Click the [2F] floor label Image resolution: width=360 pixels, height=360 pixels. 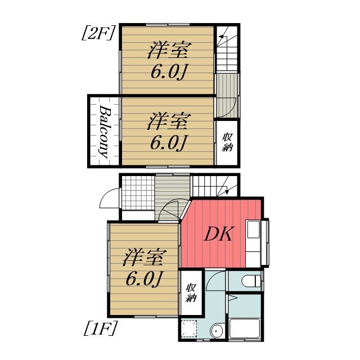99,33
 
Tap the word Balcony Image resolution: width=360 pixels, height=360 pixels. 104,130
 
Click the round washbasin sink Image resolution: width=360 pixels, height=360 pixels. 215,332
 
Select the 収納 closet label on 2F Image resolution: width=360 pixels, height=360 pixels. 228,143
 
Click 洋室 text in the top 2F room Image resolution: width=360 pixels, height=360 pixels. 168,51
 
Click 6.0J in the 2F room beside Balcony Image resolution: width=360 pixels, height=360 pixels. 168,142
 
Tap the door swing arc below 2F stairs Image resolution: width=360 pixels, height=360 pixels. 228,106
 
